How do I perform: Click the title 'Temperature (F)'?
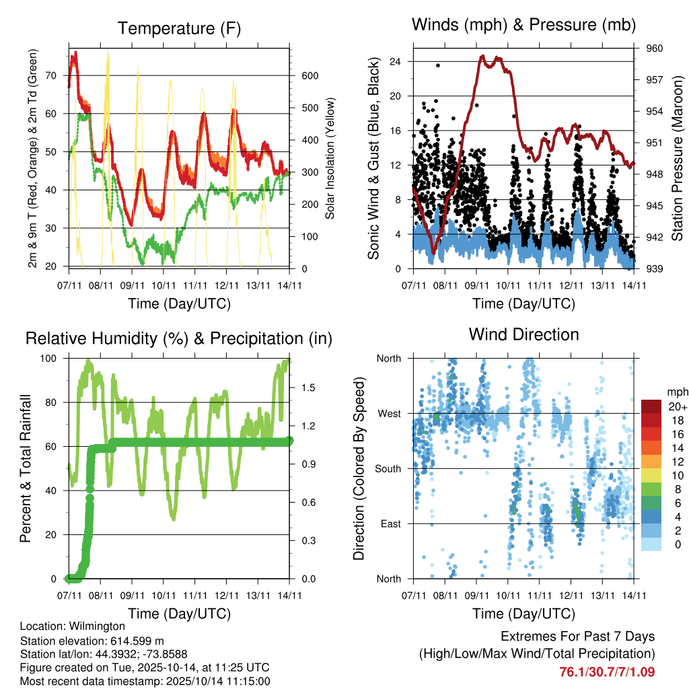(179, 28)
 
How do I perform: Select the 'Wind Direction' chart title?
(523, 334)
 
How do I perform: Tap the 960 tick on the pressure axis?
(655, 48)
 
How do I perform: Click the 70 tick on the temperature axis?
(58, 75)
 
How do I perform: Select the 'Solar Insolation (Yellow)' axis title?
(330, 158)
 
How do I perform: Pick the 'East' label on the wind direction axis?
(391, 523)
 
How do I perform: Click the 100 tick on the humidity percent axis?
(55, 359)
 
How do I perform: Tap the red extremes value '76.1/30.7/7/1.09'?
(607, 672)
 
